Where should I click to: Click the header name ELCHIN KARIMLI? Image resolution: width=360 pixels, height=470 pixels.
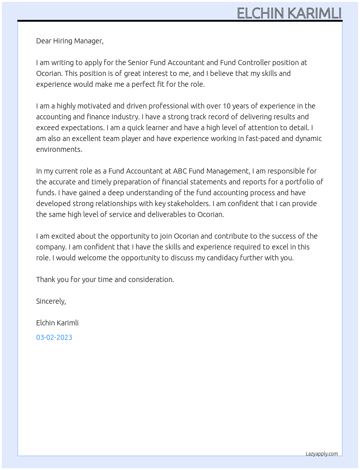[x=289, y=13]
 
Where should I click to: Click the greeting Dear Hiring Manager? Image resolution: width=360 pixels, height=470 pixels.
[x=70, y=41]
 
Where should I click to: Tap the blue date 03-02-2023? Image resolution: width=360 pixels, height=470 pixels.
[x=54, y=337]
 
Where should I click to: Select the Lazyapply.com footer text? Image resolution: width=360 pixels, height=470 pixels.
[x=322, y=454]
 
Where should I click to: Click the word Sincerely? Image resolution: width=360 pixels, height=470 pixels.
[x=51, y=301]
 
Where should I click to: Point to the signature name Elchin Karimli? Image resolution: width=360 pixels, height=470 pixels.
[x=57, y=323]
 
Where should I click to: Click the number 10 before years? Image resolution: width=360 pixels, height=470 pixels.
[x=226, y=106]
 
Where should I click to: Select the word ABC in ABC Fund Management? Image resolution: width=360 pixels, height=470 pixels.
[x=180, y=171]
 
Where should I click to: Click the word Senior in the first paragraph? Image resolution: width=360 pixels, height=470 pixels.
[x=138, y=63]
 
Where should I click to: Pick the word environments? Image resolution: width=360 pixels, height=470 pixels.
[x=59, y=149]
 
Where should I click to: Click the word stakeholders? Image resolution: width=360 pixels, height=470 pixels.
[x=188, y=204]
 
